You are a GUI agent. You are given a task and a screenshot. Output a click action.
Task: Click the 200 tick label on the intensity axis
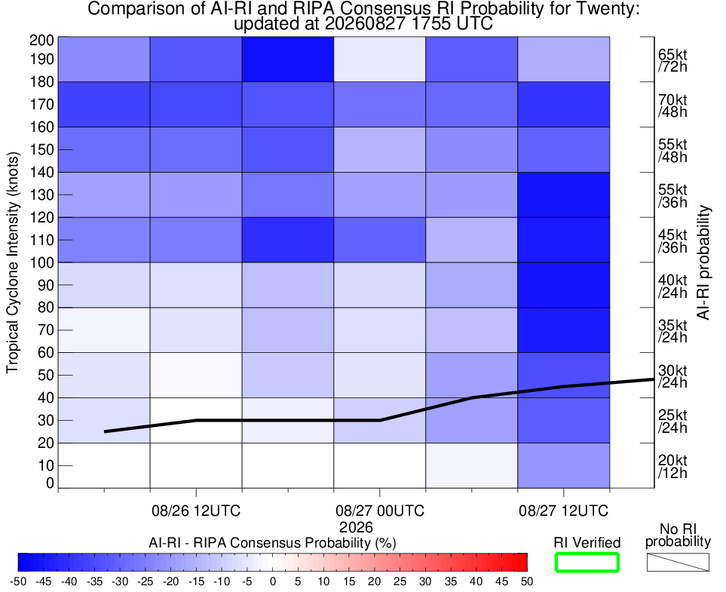(41, 40)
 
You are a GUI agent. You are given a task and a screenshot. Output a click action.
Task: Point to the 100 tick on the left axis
(41, 262)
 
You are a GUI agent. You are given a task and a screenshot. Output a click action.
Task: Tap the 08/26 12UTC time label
(196, 511)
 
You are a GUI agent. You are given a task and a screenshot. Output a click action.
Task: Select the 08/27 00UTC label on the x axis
(380, 511)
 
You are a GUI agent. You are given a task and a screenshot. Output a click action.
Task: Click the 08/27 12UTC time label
(563, 511)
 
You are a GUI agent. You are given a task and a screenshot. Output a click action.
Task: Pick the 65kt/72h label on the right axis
(672, 60)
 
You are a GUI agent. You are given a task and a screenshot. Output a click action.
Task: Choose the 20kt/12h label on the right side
(672, 467)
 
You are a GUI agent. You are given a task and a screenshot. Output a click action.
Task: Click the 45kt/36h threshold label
(672, 241)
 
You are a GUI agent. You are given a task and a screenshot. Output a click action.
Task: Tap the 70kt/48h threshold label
(672, 106)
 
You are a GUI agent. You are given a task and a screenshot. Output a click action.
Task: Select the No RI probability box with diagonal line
(678, 563)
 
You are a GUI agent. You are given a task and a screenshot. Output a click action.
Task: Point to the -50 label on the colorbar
(18, 581)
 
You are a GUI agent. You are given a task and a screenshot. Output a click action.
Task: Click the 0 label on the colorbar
(273, 581)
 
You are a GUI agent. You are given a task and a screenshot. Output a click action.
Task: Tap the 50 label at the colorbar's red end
(527, 581)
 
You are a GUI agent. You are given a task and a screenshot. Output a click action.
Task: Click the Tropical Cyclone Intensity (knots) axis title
(13, 262)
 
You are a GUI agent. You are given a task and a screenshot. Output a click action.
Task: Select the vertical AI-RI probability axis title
(703, 262)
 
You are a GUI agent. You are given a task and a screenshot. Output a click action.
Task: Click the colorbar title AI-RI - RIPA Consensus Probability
(272, 543)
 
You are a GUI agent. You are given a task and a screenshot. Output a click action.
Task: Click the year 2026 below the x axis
(356, 527)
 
